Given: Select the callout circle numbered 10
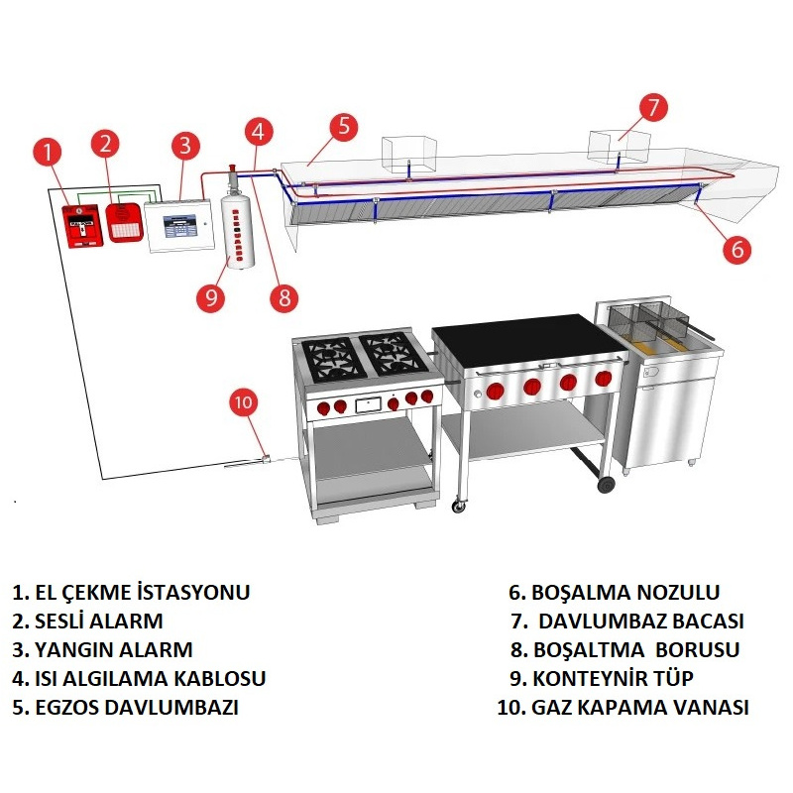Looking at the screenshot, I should point(244,402).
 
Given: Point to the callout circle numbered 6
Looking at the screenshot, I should point(736,249).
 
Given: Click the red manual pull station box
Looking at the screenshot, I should point(82,226).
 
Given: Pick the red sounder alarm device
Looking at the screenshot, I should point(124,221).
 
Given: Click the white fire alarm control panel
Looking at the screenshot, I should point(179,225).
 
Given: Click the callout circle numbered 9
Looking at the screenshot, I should point(209,296).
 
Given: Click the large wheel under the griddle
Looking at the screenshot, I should point(607,484).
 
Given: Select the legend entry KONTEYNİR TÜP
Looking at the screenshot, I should point(614,679).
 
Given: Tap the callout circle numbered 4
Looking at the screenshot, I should point(258,131).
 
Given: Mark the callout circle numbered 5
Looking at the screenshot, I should point(342,125).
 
